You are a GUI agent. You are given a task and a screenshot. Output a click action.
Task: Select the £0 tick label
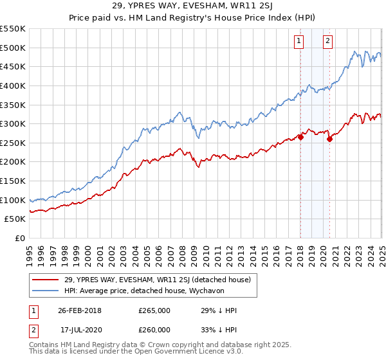pyautogui.click(x=19, y=238)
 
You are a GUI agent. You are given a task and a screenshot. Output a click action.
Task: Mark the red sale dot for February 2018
pyautogui.click(x=300, y=136)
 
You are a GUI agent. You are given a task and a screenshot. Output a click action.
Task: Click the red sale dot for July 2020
pyautogui.click(x=329, y=138)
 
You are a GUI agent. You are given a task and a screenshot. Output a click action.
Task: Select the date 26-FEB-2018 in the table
pyautogui.click(x=79, y=310)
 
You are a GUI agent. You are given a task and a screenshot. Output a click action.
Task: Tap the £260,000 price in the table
pyautogui.click(x=154, y=330)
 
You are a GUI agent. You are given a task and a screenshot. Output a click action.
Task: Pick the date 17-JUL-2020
pyautogui.click(x=80, y=330)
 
